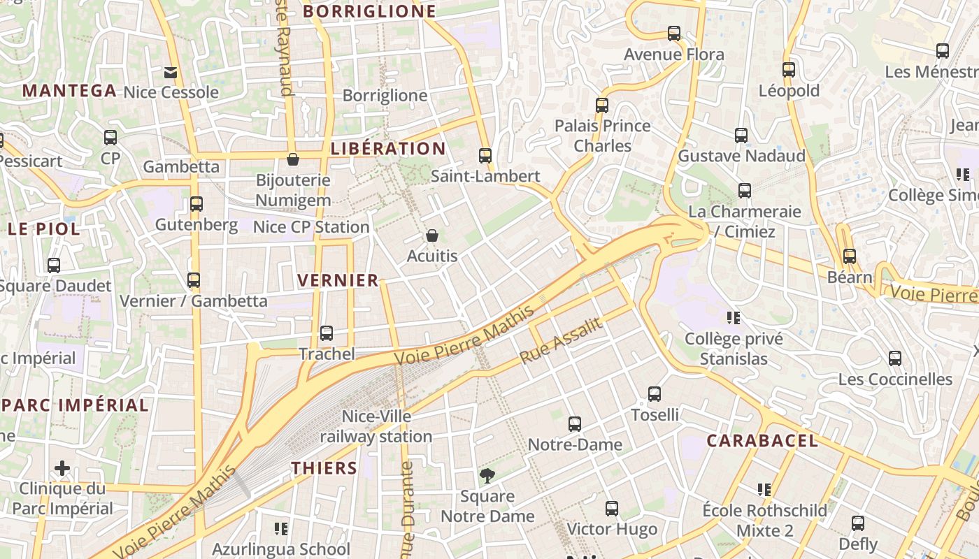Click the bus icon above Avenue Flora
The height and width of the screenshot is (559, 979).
click(674, 33)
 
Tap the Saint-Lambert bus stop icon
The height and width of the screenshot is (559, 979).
click(485, 155)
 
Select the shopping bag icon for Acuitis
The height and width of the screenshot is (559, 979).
click(432, 235)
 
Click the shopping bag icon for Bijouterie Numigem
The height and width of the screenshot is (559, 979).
click(293, 159)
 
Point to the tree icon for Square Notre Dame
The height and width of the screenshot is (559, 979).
click(487, 476)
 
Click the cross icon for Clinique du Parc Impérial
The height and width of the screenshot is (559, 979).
click(62, 467)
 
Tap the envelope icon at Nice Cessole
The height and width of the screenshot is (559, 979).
click(171, 72)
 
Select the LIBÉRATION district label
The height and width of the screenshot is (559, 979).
click(388, 148)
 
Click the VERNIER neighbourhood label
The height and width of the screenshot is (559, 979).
click(338, 280)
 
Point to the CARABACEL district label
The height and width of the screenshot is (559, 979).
click(762, 440)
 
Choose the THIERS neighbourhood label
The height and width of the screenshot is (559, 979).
click(324, 467)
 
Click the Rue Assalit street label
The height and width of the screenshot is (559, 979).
click(561, 341)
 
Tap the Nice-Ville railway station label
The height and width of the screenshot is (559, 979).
click(376, 426)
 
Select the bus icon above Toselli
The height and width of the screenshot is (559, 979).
click(655, 393)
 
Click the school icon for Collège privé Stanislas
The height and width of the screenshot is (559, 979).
click(734, 318)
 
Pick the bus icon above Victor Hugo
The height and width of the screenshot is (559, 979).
click(612, 508)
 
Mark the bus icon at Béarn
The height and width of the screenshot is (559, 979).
click(850, 256)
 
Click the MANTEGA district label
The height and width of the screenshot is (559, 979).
click(69, 90)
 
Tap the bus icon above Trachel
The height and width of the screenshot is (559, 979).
click(327, 333)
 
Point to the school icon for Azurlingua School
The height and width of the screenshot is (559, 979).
click(281, 528)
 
